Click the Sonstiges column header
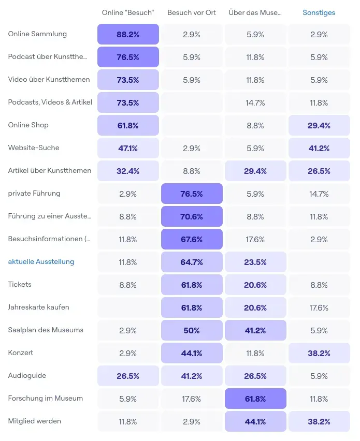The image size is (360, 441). point(319,12)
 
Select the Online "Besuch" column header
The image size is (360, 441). point(128,12)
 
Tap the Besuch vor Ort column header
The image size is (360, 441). point(192,12)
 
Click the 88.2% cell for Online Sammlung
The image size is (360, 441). point(128,34)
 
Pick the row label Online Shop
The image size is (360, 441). point(28,125)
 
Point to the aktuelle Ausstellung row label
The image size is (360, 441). point(41,261)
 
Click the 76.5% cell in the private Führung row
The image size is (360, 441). point(192,194)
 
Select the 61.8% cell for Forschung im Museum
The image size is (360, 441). point(255,399)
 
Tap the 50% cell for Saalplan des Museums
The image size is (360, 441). point(192,330)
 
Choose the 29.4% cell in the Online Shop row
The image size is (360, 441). point(319,125)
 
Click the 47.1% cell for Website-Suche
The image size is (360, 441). point(128,148)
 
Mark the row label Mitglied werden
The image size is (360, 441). point(35,421)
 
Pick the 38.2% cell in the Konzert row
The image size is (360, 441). point(319,353)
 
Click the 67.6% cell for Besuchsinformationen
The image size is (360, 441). point(192,239)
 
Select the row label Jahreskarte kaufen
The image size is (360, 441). point(39,307)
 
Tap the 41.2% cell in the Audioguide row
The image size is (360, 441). point(192,376)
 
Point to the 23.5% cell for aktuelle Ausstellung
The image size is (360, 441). point(255,262)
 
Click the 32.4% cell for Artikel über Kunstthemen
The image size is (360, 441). point(128,171)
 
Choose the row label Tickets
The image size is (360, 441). point(20,284)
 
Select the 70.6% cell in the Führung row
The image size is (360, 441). point(192,216)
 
